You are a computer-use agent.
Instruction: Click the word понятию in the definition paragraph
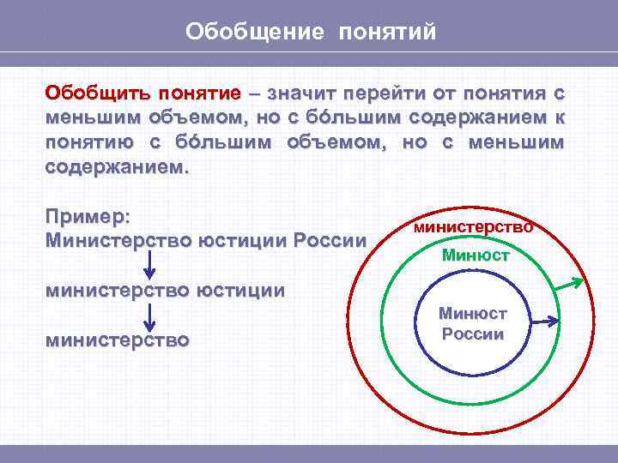85,141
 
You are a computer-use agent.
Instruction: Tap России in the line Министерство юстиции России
330,239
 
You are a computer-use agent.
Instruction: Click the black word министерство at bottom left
118,340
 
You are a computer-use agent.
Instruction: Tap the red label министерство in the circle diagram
473,228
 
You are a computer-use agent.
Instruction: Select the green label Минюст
476,255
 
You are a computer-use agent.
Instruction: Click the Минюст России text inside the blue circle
473,324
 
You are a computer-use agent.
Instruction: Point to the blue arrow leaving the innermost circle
542,321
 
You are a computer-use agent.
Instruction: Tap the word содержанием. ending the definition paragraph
115,166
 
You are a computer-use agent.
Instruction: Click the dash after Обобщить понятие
255,92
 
